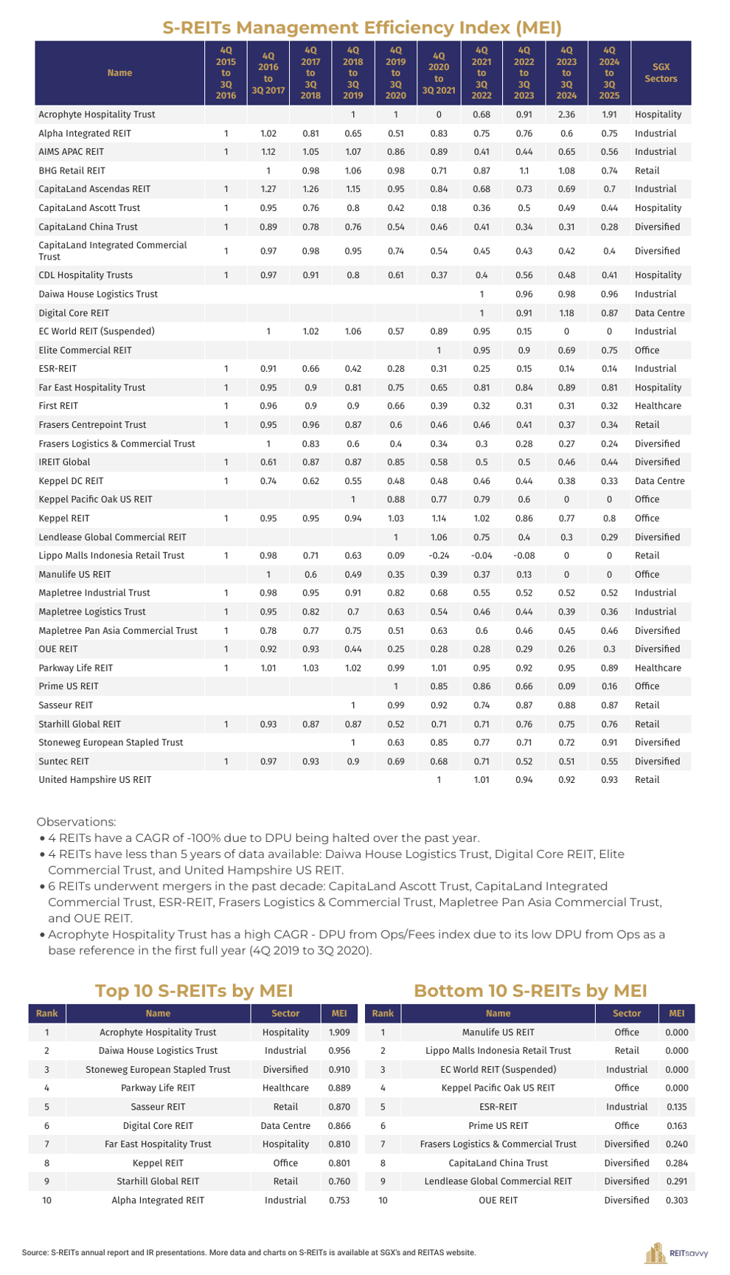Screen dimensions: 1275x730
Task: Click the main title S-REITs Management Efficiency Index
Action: [362, 28]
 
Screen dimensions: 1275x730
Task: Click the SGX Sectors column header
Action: [660, 73]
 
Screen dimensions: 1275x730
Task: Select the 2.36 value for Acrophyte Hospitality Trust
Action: [566, 115]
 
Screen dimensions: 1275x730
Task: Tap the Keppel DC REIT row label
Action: [71, 481]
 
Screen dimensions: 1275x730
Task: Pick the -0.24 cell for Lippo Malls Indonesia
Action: [439, 556]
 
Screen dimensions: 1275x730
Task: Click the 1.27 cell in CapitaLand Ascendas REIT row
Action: [268, 190]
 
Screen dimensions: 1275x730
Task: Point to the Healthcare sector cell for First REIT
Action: [658, 406]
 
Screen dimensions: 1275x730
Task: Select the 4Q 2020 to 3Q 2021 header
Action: [439, 73]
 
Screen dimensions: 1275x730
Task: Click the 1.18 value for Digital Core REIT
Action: [566, 313]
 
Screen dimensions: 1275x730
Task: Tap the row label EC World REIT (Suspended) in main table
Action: [97, 331]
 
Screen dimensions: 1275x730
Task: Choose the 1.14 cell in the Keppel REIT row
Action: [439, 519]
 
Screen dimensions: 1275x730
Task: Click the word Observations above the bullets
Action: [76, 822]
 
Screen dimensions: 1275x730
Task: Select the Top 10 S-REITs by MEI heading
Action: [194, 991]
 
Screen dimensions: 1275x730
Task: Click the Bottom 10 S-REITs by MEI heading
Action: [530, 991]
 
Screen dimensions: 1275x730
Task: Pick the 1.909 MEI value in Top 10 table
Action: [339, 1032]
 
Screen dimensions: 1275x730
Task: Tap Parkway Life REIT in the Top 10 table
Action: [158, 1088]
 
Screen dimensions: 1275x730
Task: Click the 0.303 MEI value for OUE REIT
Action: [676, 1200]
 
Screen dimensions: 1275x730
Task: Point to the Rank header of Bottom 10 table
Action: [383, 1014]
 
